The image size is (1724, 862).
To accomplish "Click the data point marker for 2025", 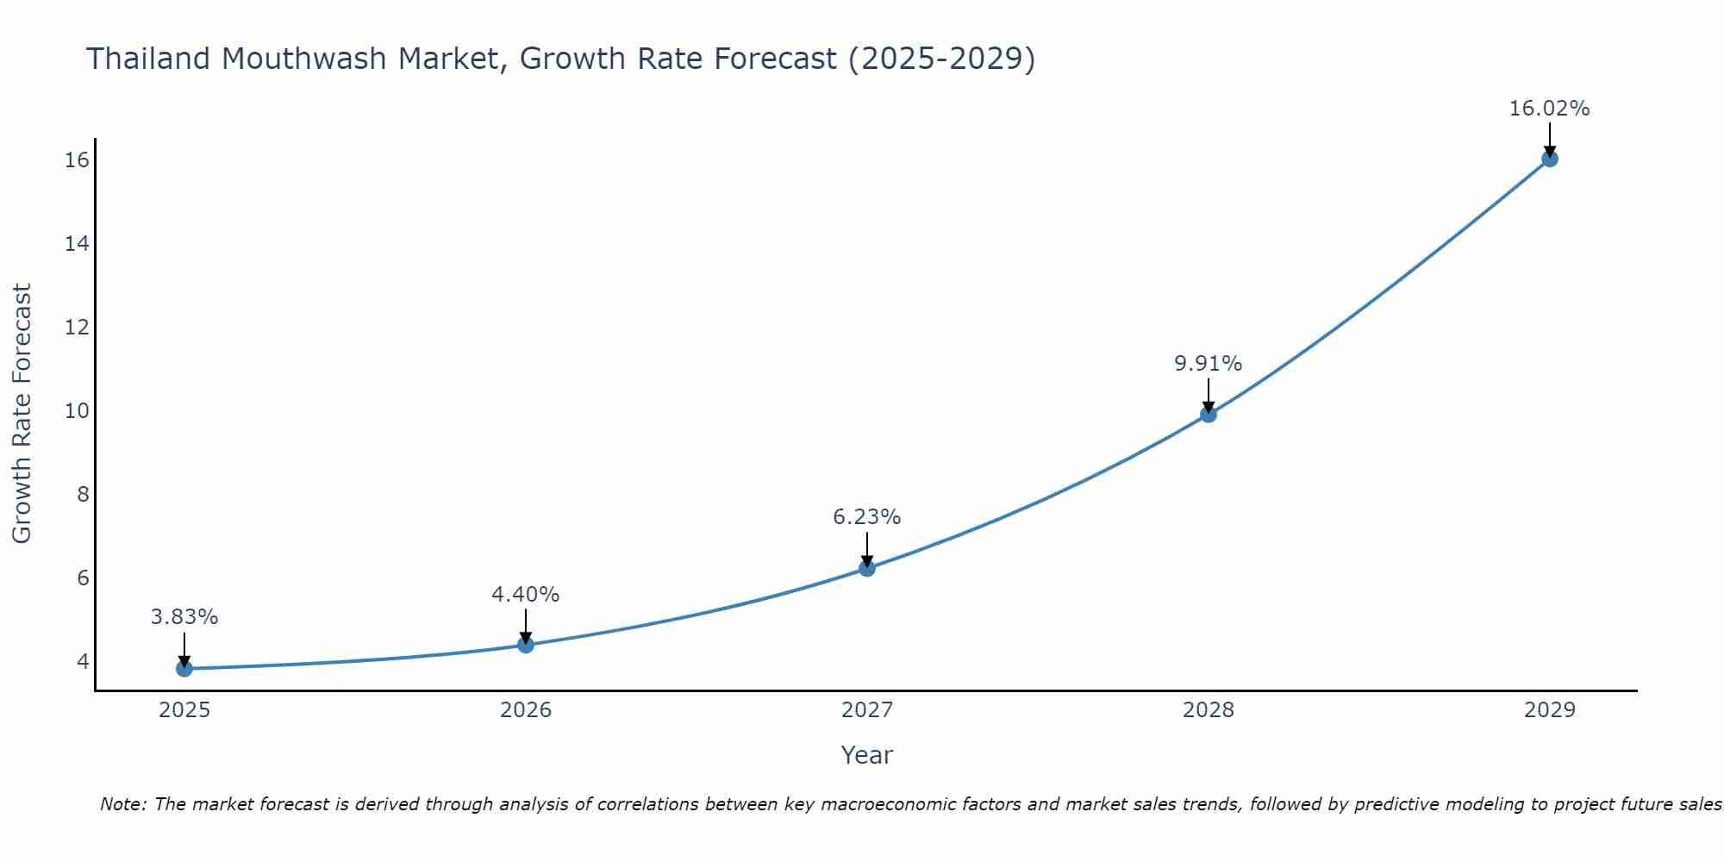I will pyautogui.click(x=184, y=668).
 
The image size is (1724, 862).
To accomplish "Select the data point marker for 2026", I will pyautogui.click(x=526, y=644).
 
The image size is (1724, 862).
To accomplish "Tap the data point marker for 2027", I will pyautogui.click(x=867, y=568).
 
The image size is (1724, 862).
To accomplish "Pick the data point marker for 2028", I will pyautogui.click(x=1209, y=415).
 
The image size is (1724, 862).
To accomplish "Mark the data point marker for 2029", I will pyautogui.click(x=1550, y=159).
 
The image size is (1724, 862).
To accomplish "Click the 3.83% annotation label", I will pyautogui.click(x=184, y=617).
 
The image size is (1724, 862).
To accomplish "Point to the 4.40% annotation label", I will pyautogui.click(x=526, y=595).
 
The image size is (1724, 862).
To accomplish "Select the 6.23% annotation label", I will pyautogui.click(x=867, y=517).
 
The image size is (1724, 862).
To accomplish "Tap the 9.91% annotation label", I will pyautogui.click(x=1209, y=364).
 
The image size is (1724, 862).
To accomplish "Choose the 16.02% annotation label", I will pyautogui.click(x=1550, y=109).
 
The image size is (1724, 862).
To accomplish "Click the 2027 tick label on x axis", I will pyautogui.click(x=867, y=710).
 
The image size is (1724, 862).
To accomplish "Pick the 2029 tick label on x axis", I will pyautogui.click(x=1550, y=710).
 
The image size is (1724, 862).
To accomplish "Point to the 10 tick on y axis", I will pyautogui.click(x=77, y=411).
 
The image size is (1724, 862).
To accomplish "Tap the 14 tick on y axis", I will pyautogui.click(x=77, y=244).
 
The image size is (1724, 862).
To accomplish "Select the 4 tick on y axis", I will pyautogui.click(x=83, y=662).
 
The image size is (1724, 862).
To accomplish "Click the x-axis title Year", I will pyautogui.click(x=867, y=756).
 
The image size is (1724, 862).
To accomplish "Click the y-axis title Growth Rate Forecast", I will pyautogui.click(x=22, y=414).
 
